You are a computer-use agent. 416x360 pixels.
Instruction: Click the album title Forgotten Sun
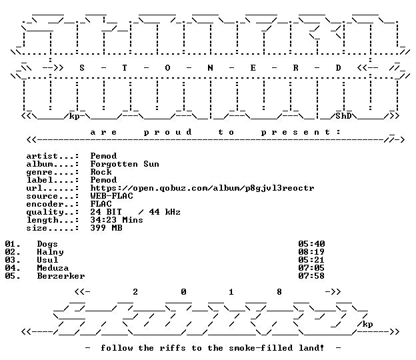pyautogui.click(x=125, y=164)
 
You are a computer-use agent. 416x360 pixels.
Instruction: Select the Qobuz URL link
pyautogui.click(x=202, y=188)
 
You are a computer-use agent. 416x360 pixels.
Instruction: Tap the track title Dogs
pyautogui.click(x=47, y=244)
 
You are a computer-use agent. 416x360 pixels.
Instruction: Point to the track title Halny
pyautogui.click(x=50, y=252)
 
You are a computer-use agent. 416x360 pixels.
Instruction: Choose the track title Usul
pyautogui.click(x=47, y=260)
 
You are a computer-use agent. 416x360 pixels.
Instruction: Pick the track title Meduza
pyautogui.click(x=53, y=268)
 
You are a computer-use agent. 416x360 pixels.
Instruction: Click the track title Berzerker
pyautogui.click(x=61, y=276)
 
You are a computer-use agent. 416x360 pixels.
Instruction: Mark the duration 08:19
pyautogui.click(x=311, y=252)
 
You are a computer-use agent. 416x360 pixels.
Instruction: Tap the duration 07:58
pyautogui.click(x=311, y=276)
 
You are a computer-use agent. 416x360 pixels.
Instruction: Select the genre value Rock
pyautogui.click(x=101, y=172)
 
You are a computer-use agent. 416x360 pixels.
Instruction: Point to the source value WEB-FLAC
pyautogui.click(x=111, y=196)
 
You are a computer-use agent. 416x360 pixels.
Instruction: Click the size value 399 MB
pyautogui.click(x=106, y=228)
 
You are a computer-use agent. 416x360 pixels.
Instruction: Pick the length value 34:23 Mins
pyautogui.click(x=117, y=220)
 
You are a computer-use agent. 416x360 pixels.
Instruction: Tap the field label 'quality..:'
pyautogui.click(x=53, y=212)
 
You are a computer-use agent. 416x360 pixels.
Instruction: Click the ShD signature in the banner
pyautogui.click(x=343, y=116)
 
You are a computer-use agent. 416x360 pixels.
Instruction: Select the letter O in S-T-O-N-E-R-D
pyautogui.click(x=167, y=68)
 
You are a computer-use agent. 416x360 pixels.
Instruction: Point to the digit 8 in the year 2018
pyautogui.click(x=279, y=292)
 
